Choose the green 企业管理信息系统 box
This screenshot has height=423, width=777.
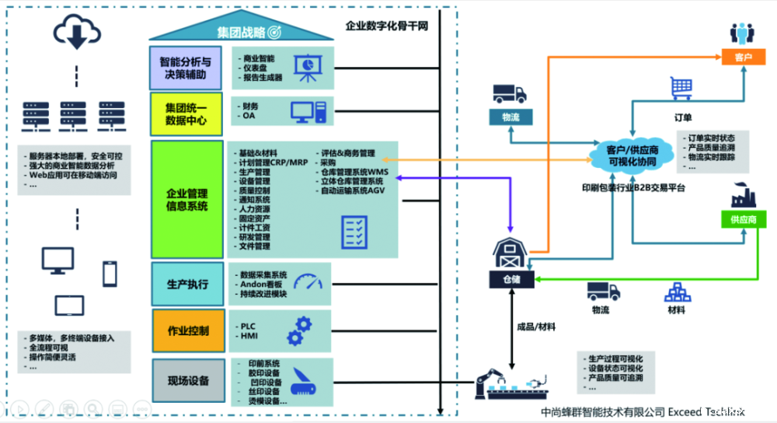[187, 199]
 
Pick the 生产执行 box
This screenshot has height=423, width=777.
[187, 284]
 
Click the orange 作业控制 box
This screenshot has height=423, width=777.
[187, 330]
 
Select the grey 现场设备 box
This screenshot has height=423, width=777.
[187, 380]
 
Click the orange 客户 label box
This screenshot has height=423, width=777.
[744, 57]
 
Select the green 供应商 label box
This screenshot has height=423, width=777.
[744, 220]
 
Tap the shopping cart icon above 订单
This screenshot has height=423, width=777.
[681, 87]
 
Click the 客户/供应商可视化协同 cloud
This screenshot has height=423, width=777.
[630, 155]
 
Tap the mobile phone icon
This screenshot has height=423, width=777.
[110, 273]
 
